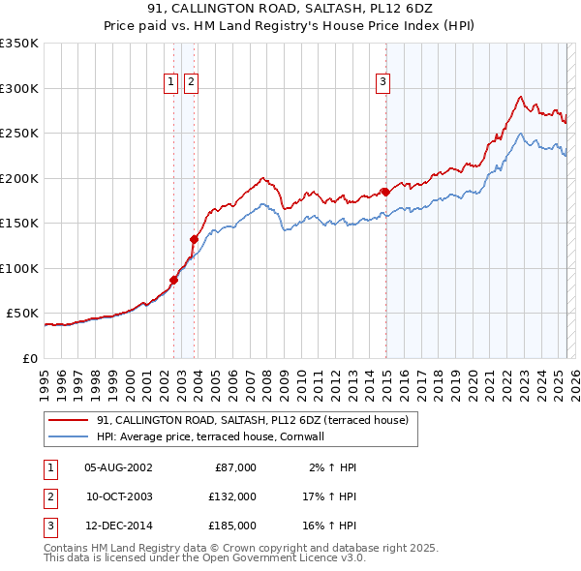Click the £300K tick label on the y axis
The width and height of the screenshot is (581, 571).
pos(19,88)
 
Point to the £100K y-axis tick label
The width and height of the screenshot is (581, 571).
pos(19,268)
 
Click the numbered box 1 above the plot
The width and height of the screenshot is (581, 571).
pos(171,83)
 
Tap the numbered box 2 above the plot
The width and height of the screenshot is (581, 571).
pos(191,83)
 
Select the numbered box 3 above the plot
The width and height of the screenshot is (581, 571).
pos(383,83)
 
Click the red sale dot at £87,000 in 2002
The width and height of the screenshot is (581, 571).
pos(174,280)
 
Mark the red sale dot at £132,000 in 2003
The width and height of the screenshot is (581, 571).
pos(194,239)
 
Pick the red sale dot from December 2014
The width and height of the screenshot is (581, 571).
pos(385,192)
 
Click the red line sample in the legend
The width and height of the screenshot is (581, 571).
pos(68,420)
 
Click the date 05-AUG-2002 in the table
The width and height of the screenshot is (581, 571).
pos(118,467)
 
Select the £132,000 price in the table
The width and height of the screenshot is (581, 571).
pos(232,496)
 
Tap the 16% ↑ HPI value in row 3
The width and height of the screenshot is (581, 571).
pos(330,526)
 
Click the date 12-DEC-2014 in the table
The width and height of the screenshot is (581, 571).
pos(118,526)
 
